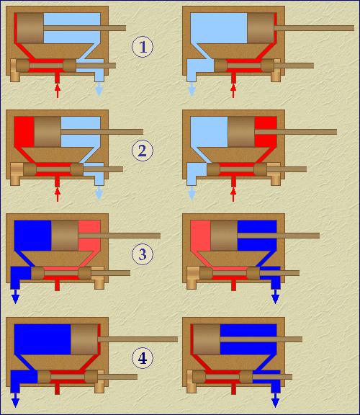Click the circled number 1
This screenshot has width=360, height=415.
[143, 47]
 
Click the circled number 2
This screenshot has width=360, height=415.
[143, 151]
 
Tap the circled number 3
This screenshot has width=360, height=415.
[143, 254]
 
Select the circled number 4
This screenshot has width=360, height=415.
[143, 358]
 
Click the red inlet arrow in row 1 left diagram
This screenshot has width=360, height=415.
[58, 91]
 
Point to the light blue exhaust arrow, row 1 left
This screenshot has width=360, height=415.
[99, 89]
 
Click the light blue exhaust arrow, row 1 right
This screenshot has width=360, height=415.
[192, 89]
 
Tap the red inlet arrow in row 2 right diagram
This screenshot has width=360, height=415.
[233, 195]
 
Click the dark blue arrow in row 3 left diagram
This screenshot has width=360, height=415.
[15, 296]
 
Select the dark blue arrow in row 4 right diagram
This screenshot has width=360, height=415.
[275, 400]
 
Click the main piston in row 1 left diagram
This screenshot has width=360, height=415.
[30, 28]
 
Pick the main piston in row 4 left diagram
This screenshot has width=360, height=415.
[84, 339]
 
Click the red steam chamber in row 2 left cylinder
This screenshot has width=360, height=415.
[24, 132]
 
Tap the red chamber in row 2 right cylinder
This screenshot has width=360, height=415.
[266, 132]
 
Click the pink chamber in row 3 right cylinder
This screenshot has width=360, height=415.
[200, 236]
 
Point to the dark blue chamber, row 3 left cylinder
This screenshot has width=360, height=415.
[33, 236]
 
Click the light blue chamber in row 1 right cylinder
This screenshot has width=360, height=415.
[219, 28]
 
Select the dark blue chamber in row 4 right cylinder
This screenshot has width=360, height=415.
[248, 339]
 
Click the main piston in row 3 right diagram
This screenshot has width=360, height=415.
[224, 236]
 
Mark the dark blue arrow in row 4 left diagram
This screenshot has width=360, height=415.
[15, 400]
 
